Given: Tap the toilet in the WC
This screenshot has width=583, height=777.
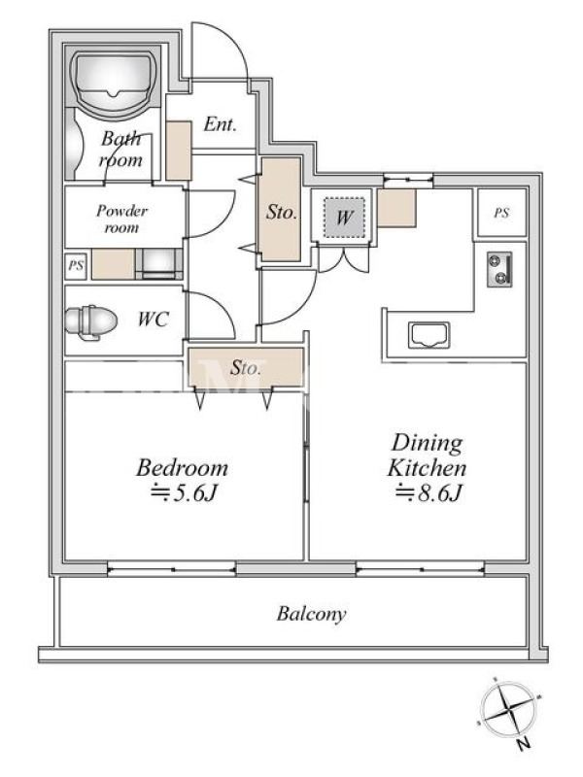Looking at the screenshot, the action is coord(90,322).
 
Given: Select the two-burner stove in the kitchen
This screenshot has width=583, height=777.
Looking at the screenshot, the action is coord(499,270).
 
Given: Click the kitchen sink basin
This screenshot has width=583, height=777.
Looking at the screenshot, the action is coord(429,335).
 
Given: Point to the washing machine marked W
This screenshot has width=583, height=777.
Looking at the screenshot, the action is coord(344,217).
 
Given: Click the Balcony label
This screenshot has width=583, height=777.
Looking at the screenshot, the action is coord(311,614).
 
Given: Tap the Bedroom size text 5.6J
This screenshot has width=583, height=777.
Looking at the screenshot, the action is coord(185,492).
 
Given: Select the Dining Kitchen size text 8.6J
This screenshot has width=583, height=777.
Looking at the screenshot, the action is coord(429,492).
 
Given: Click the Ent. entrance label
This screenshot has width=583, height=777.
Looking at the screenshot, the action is coord(220,124).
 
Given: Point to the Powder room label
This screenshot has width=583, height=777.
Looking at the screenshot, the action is coord(121,220).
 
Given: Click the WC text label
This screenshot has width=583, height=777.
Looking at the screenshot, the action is coord(154,320).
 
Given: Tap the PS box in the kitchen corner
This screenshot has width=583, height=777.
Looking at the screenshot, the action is coord(501,213).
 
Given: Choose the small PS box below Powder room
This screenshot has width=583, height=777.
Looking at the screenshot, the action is coord(76,265).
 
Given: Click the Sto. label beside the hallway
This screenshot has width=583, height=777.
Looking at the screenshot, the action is coord(281,212).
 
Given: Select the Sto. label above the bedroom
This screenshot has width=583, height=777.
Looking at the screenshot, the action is coord(246,368).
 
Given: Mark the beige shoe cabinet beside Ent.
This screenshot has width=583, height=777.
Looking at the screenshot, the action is coord(179,151).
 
